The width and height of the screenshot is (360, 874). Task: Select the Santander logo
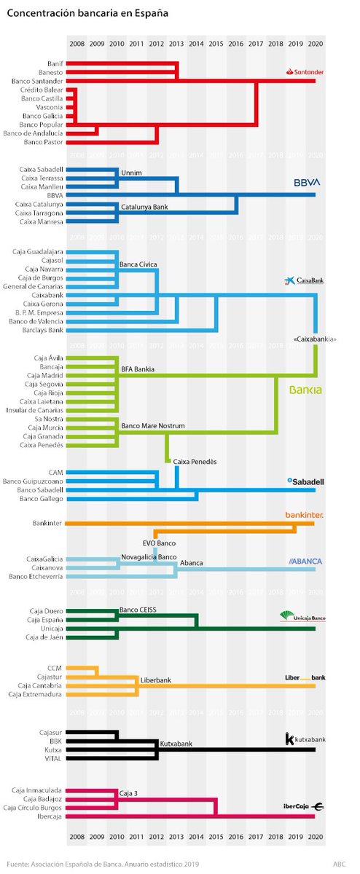coord(304,72)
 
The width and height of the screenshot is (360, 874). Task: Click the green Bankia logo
coord(305,390)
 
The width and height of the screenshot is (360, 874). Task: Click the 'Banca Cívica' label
coord(139,264)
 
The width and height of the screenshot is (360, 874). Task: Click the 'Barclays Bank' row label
coord(42,330)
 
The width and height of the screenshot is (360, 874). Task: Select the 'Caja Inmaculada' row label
coord(38,790)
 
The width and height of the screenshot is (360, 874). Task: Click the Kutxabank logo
coord(305,739)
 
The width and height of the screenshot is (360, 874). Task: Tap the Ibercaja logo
coord(303,806)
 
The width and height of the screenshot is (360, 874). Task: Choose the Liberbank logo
coord(305,677)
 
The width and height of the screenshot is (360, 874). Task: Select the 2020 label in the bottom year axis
coord(315,839)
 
